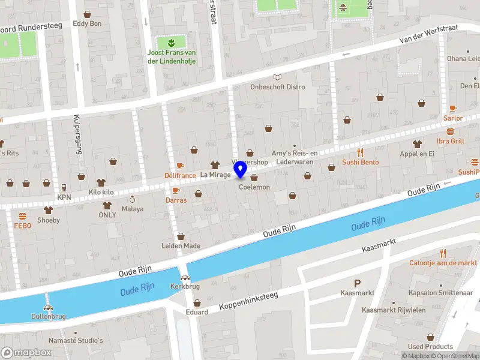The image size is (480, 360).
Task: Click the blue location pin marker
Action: click(x=241, y=169)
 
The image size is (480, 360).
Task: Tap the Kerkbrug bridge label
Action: click(x=185, y=286)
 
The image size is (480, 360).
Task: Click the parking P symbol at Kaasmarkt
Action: click(x=358, y=283)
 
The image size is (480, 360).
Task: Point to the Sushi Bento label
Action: click(x=360, y=162)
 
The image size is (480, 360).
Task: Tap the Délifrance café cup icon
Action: click(x=180, y=166)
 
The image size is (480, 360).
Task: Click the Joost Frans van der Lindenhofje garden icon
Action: click(x=172, y=42)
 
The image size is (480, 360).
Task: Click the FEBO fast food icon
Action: click(x=22, y=216)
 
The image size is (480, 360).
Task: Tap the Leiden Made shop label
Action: click(x=181, y=246)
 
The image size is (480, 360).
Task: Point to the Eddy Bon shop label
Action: click(x=87, y=24)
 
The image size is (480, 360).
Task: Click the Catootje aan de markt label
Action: click(x=443, y=263)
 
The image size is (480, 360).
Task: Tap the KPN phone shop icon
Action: click(x=64, y=187)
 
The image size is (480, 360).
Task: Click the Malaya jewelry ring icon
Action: click(x=133, y=199)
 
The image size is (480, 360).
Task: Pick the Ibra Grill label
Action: click(x=450, y=141)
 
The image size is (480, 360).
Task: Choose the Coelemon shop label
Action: click(x=254, y=187)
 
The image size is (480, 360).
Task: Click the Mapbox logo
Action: click(x=26, y=352)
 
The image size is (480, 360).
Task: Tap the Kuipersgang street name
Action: click(x=77, y=134)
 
